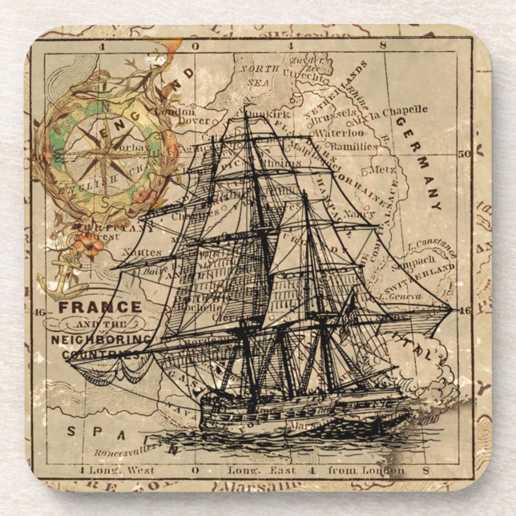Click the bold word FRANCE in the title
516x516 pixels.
[99, 306]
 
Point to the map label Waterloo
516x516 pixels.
[338, 134]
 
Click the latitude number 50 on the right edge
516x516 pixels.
[462, 152]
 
